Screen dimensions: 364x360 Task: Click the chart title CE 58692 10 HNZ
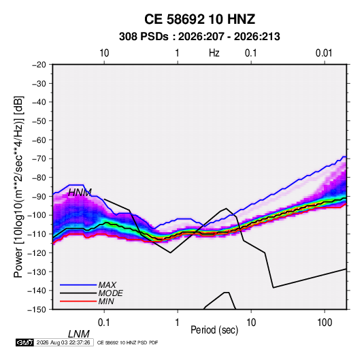point(199,19)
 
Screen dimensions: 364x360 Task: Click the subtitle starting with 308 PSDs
point(199,37)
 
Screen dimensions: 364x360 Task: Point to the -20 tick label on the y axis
point(39,65)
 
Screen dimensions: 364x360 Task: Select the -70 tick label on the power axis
point(39,159)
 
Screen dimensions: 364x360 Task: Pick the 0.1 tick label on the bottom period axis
point(104,323)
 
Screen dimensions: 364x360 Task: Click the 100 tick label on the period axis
point(325,323)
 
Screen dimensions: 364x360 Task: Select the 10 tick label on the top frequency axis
point(104,53)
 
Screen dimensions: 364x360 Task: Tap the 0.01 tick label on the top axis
point(324,53)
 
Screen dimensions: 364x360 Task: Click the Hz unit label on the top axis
point(214,53)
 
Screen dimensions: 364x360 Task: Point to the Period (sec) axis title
point(214,330)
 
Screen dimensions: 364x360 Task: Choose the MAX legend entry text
point(107,285)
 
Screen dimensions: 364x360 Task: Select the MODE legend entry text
point(110,293)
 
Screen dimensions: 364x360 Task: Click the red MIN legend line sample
point(78,301)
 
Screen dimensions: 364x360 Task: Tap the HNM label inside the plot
point(80,193)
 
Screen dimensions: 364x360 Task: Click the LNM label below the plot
point(78,334)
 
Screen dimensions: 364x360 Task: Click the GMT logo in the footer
point(24,342)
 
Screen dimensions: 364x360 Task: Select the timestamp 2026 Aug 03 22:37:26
point(63,342)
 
